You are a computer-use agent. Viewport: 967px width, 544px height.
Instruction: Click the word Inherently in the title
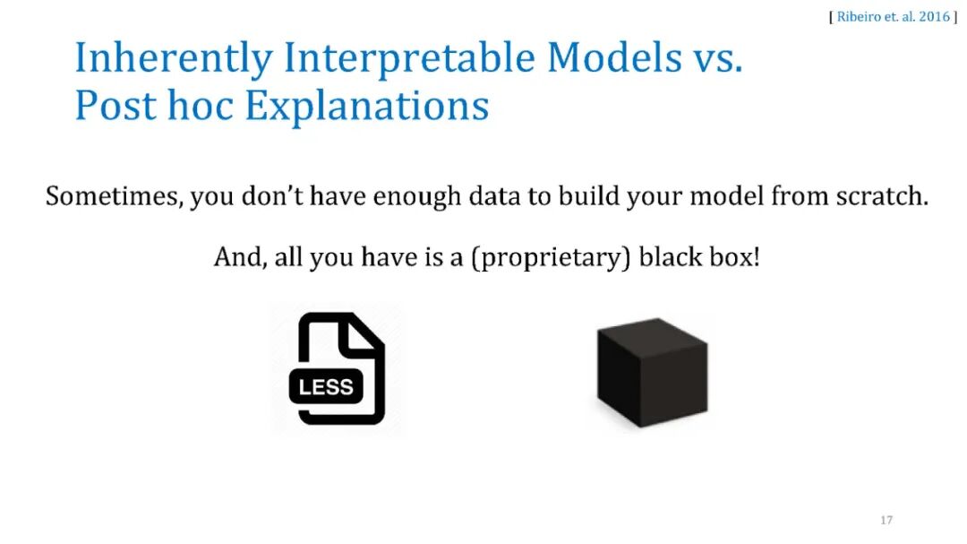pyautogui.click(x=174, y=59)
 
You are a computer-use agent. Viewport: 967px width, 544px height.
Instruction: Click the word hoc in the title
pyautogui.click(x=201, y=105)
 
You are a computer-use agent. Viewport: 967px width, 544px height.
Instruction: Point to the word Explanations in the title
pyautogui.click(x=367, y=108)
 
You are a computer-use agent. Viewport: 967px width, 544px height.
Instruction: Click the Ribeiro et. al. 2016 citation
pyautogui.click(x=893, y=17)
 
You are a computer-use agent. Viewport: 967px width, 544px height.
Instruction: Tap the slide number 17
pyautogui.click(x=886, y=520)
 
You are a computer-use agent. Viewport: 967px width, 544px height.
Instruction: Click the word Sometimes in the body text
pyautogui.click(x=114, y=196)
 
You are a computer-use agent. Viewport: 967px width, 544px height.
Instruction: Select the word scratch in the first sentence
pyautogui.click(x=882, y=195)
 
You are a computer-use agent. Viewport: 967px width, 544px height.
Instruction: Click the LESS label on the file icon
pyautogui.click(x=326, y=387)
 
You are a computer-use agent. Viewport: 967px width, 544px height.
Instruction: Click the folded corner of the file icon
pyautogui.click(x=364, y=332)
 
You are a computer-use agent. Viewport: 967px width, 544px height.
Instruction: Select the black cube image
pyautogui.click(x=653, y=372)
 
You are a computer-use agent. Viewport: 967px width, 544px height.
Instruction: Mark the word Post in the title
pyautogui.click(x=116, y=105)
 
